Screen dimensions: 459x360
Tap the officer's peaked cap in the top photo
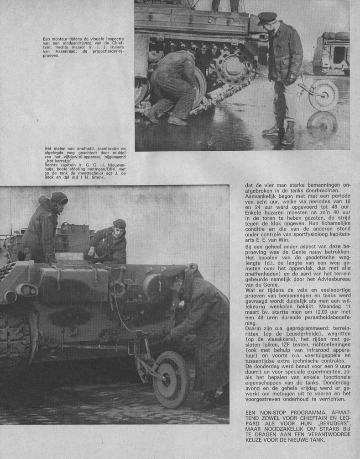click(267, 18)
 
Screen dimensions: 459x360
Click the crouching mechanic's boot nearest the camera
click(177, 120)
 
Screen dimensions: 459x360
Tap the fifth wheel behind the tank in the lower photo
click(171, 379)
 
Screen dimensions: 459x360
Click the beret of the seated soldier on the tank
click(119, 224)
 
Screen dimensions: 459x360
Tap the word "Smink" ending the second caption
click(99, 178)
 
